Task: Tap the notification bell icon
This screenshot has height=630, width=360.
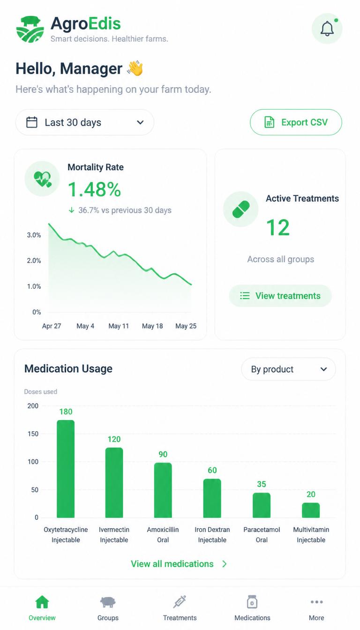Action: point(327,29)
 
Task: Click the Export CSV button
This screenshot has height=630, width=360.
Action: point(296,122)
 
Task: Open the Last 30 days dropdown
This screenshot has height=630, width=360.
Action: point(85,122)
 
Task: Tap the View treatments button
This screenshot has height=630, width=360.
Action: point(280,296)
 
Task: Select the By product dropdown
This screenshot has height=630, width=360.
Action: point(289,369)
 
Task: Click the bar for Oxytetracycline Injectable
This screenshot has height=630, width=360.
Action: point(66,469)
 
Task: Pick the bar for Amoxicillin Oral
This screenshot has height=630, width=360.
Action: point(163,490)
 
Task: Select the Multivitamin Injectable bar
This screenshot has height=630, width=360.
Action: point(311,510)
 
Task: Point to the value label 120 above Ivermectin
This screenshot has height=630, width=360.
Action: point(114,439)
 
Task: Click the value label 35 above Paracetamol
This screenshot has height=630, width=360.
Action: point(262,484)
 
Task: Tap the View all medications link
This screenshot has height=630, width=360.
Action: point(179,564)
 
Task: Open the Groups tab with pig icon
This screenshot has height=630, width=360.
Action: point(108,608)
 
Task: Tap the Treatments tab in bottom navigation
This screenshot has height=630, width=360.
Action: point(180,608)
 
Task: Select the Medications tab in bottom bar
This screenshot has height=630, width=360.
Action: point(252,608)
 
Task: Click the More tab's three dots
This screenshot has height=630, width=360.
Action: point(317,602)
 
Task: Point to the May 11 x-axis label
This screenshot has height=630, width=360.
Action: point(119,326)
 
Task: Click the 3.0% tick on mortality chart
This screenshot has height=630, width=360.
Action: point(34,235)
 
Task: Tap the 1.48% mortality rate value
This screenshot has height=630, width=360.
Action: point(95,189)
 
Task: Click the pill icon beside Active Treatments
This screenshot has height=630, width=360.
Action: point(241,209)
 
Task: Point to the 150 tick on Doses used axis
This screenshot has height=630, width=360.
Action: point(33,434)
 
